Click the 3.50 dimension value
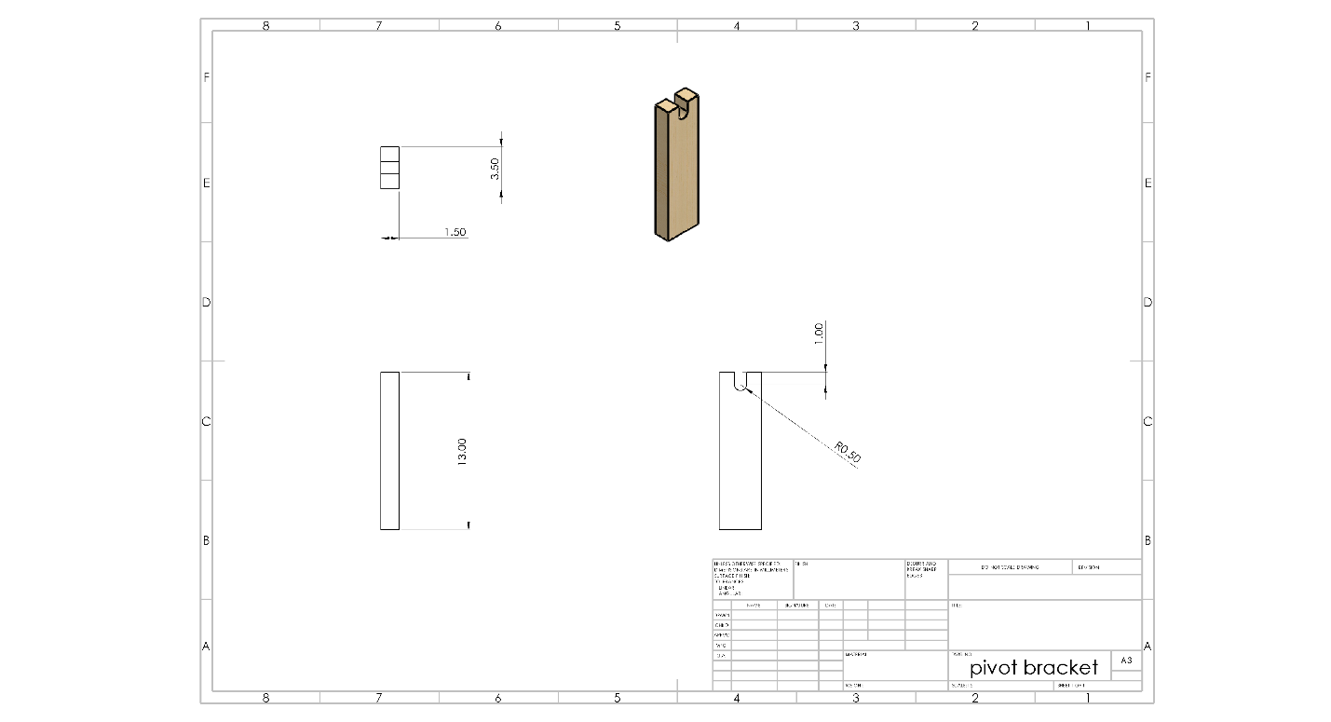(496, 169)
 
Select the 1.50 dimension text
(455, 232)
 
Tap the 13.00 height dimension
(462, 452)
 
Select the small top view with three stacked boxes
(389, 168)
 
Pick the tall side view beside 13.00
(389, 451)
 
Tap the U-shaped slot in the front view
(740, 382)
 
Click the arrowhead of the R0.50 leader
(746, 392)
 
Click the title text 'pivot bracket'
(1034, 668)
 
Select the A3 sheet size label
(1126, 661)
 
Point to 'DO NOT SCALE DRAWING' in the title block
(1010, 567)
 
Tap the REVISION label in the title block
(1088, 567)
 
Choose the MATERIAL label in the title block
(857, 654)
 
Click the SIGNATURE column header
(797, 606)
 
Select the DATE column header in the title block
(831, 606)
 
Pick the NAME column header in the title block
(754, 606)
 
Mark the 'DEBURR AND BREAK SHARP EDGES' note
(925, 569)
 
